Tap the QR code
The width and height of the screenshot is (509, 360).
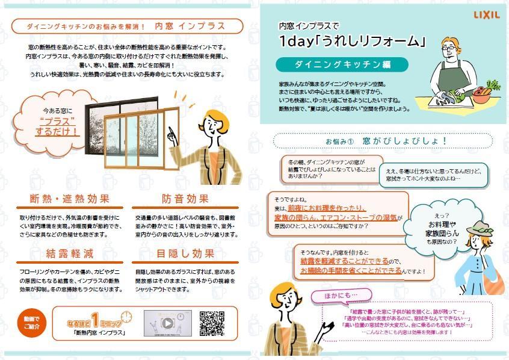tap(212, 323)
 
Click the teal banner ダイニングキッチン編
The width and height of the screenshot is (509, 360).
tap(342, 64)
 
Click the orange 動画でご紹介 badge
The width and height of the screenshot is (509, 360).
tap(31, 323)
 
